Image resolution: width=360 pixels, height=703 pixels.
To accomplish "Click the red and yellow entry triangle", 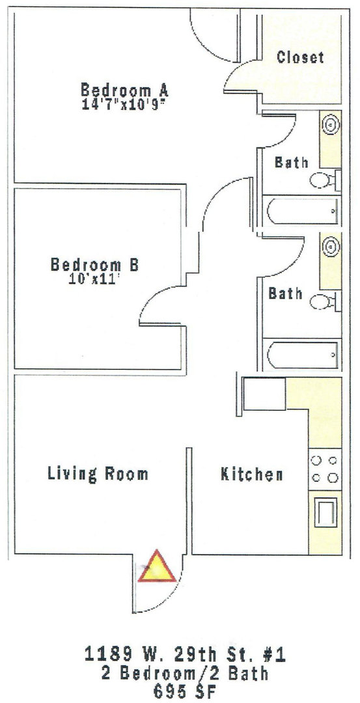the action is point(156,568).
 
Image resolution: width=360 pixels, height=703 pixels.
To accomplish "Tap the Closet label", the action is point(300,57).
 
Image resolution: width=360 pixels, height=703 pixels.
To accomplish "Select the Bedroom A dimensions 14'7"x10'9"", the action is point(124,106).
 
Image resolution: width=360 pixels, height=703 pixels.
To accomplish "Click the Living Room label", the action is point(98,474).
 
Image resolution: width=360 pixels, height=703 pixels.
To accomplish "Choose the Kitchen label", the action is point(251,475).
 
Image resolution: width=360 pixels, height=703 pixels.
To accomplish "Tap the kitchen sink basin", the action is point(325,512).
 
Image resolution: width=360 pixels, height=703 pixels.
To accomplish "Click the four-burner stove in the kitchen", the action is point(325,469).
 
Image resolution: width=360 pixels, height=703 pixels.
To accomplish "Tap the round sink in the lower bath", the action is point(331,245).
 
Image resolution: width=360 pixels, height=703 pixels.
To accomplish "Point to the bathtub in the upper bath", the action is point(302,210).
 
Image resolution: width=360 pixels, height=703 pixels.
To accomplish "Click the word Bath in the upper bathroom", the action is point(292,162).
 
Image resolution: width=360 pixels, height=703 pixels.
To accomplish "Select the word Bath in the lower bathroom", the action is point(286,294).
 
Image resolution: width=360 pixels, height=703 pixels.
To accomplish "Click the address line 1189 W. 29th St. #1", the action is point(185,655).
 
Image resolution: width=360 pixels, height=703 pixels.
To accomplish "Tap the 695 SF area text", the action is point(185,692).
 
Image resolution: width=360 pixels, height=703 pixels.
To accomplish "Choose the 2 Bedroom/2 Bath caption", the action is point(185,674).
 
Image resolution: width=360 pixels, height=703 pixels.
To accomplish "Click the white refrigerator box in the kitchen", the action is point(264,394).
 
